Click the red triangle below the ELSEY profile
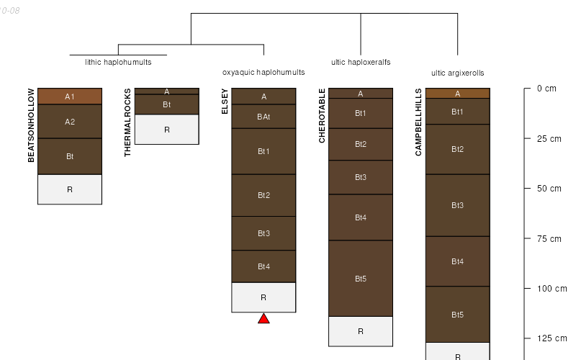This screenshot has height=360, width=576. (x=264, y=318)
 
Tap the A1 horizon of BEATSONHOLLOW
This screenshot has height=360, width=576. (x=70, y=96)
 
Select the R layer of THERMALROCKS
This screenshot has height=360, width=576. (x=166, y=130)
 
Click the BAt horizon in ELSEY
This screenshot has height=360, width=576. (x=264, y=116)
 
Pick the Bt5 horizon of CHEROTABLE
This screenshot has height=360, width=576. (x=361, y=278)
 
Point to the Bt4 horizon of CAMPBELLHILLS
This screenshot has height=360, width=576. (x=457, y=261)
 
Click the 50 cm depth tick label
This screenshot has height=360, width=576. (x=549, y=189)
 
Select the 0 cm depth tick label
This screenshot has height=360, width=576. (x=546, y=89)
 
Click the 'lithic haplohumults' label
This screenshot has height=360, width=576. (x=118, y=62)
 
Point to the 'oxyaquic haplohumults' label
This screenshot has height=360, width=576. (x=264, y=72)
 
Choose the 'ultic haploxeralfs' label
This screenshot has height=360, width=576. (x=361, y=62)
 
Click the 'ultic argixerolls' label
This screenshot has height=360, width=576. (x=457, y=73)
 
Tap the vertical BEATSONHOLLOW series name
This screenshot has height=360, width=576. (x=31, y=125)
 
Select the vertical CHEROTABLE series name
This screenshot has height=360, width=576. (x=322, y=115)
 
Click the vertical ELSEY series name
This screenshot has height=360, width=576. (x=225, y=101)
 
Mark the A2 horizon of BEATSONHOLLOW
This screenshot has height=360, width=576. (x=70, y=122)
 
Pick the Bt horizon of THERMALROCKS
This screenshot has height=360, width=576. (x=166, y=104)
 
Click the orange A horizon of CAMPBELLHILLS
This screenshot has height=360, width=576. (x=457, y=93)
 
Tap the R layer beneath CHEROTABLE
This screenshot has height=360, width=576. (x=361, y=331)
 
